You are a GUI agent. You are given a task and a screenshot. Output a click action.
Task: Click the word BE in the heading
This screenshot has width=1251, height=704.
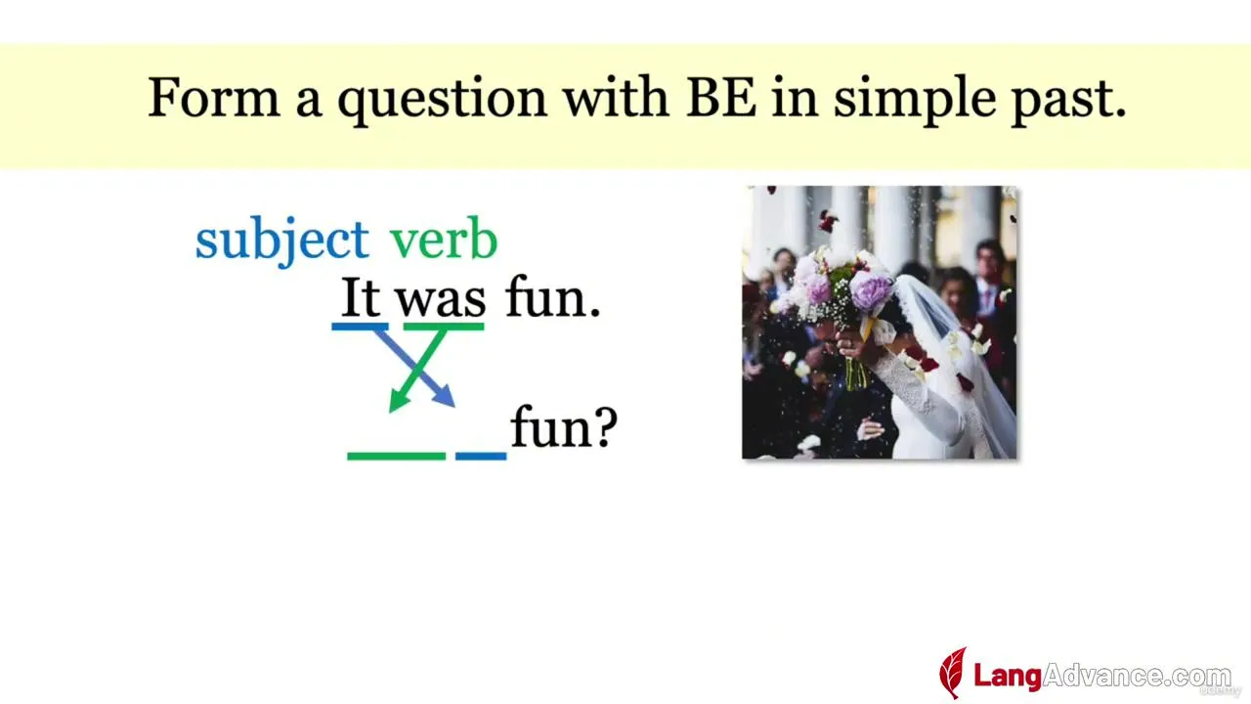(721, 98)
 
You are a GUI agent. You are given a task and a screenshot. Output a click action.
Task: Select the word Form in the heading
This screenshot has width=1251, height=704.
(213, 98)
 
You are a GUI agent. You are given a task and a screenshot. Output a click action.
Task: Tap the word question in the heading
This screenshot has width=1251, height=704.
(443, 102)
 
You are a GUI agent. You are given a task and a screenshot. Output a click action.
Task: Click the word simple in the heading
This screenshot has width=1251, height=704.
(915, 101)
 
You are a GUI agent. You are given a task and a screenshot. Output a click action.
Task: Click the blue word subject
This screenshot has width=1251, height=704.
(282, 241)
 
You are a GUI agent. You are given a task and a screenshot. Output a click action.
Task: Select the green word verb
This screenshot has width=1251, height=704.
(443, 238)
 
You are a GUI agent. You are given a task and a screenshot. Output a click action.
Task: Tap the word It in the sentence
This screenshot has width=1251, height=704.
(361, 297)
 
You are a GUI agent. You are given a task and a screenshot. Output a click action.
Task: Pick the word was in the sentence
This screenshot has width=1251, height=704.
(441, 302)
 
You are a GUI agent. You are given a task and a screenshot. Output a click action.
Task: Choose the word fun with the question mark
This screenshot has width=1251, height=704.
(564, 426)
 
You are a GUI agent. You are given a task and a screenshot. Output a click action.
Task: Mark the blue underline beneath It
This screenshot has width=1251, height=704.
(361, 327)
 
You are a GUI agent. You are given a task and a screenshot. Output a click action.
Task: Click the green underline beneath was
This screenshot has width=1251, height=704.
(444, 327)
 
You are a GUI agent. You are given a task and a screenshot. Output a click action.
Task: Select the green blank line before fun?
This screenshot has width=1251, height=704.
(397, 457)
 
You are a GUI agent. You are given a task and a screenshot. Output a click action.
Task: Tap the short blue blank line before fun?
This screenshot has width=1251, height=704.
(481, 457)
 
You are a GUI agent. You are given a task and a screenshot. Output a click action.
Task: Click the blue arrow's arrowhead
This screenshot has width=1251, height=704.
(445, 396)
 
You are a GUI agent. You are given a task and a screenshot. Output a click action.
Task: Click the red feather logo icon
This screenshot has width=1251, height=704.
(953, 673)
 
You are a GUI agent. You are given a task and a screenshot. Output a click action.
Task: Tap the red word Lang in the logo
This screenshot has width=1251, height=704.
(1008, 676)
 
